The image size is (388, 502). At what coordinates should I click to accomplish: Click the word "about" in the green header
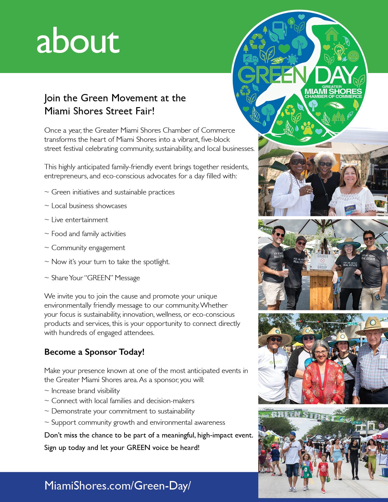(78, 41)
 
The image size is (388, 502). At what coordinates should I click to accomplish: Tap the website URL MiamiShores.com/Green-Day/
(117, 485)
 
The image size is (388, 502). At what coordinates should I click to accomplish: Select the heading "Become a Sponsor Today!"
(94, 352)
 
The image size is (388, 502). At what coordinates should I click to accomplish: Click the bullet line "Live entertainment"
(79, 220)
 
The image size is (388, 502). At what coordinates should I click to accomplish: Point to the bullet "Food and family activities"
(88, 234)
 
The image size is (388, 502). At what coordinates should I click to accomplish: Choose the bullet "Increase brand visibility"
(85, 391)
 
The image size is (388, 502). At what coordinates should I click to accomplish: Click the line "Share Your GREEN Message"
(95, 278)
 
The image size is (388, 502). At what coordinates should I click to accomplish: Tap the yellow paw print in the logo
(307, 128)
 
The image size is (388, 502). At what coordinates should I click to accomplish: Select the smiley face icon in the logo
(353, 56)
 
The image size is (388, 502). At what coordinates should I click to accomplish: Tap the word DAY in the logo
(336, 75)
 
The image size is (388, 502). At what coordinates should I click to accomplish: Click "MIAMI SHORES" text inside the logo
(333, 91)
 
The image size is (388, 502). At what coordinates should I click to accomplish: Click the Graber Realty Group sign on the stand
(322, 261)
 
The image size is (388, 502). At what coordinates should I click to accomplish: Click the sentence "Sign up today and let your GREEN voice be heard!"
(122, 448)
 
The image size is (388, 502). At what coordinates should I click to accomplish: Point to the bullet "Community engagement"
(88, 248)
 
